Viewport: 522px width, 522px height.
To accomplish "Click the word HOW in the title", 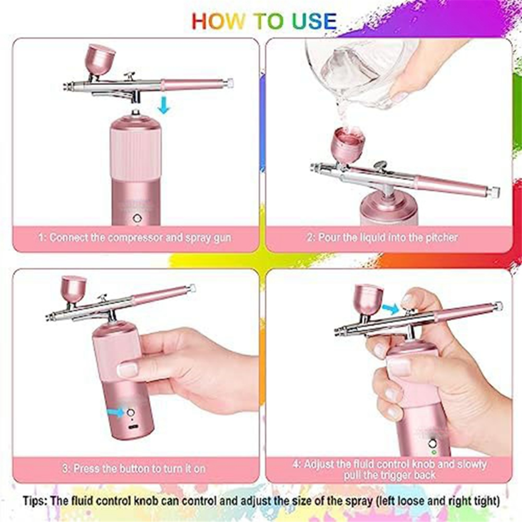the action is click(217, 21).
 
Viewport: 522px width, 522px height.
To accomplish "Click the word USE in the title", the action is click(314, 21).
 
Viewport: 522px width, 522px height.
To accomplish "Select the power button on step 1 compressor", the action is click(136, 218).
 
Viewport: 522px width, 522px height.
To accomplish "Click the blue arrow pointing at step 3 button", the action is click(116, 413).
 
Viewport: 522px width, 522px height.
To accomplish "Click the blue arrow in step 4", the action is click(391, 308).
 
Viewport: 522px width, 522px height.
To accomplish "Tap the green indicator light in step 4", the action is click(433, 452).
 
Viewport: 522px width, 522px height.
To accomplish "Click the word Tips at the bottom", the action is click(35, 501).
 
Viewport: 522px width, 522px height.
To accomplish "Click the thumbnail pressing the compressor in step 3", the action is click(127, 369).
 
